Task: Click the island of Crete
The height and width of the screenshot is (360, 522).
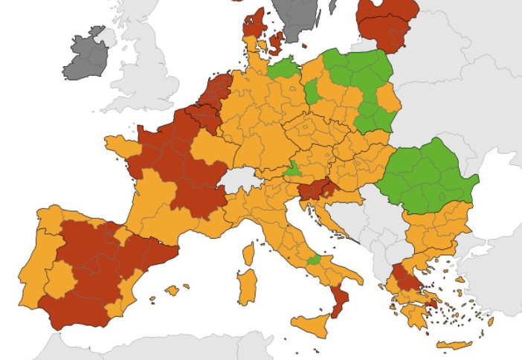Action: (453, 344)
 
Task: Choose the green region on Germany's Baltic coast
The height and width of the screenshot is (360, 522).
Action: (283, 69)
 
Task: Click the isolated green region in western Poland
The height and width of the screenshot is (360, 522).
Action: (312, 92)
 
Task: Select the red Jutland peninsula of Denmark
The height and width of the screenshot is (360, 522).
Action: (253, 26)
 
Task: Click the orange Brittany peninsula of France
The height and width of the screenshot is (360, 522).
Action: (122, 144)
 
